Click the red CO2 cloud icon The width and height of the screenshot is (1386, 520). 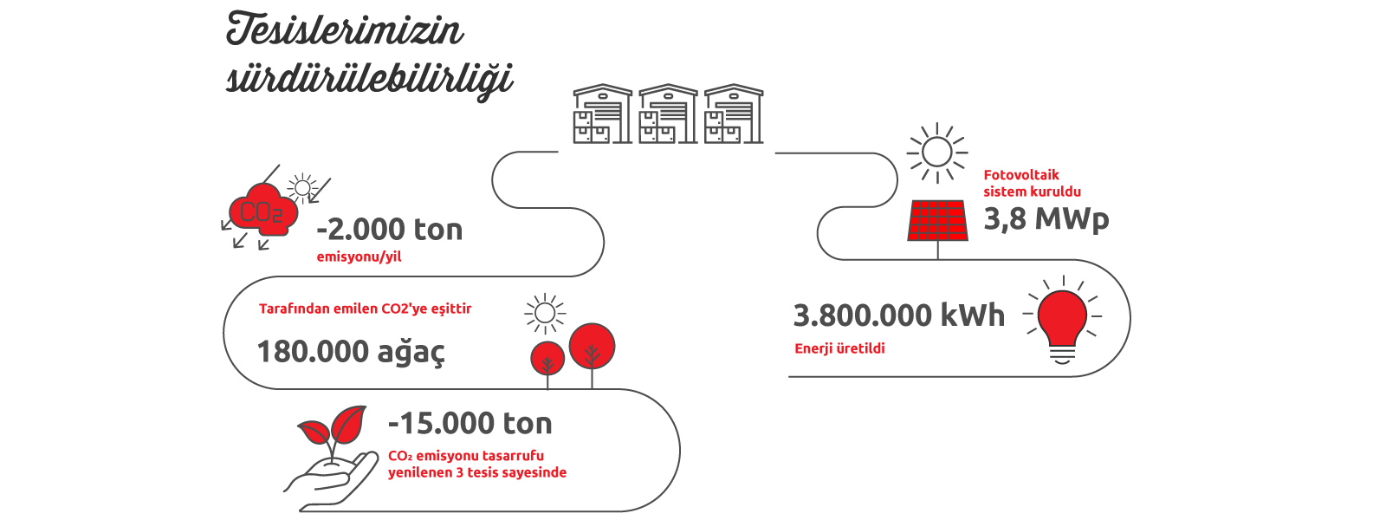[263, 210]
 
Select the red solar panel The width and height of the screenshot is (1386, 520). [937, 220]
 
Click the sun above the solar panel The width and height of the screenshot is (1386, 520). [936, 153]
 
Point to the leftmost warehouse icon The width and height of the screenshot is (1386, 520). [603, 114]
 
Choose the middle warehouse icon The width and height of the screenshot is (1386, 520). [668, 114]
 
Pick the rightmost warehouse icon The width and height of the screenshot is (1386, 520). [734, 114]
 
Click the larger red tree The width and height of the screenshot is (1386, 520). [593, 346]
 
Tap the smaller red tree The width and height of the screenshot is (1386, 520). [547, 359]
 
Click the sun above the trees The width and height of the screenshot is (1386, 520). [545, 313]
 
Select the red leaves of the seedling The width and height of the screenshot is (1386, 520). [333, 425]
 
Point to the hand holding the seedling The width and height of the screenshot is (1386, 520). [331, 478]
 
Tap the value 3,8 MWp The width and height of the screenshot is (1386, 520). [1046, 219]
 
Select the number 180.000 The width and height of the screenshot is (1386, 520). [313, 352]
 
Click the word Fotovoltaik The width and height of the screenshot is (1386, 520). [1021, 174]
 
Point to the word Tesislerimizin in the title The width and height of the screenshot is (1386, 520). [345, 29]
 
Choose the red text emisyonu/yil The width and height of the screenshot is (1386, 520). [359, 257]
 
